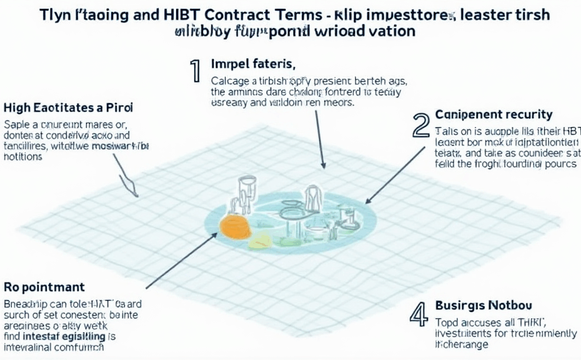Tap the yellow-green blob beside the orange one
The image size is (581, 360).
point(261,240)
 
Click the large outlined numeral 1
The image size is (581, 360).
point(195,71)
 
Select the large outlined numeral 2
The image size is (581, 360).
point(421,126)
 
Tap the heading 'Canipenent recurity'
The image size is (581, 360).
point(494,114)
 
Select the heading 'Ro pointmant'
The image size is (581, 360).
point(44,287)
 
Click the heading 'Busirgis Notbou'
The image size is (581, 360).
point(484,306)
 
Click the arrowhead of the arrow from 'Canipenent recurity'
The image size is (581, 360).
point(367,202)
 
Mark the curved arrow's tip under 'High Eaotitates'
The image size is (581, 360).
point(134,194)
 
